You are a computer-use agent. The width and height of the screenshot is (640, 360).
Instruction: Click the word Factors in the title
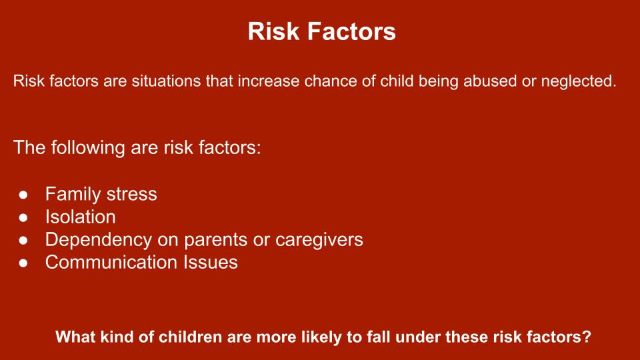(351, 31)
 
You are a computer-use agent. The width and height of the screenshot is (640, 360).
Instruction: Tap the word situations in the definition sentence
(166, 81)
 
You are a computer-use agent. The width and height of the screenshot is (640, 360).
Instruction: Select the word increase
(269, 81)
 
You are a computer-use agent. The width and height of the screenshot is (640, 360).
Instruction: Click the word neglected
(579, 81)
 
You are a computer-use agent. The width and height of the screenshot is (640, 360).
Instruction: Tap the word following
(88, 148)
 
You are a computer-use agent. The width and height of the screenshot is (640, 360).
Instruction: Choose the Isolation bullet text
(81, 217)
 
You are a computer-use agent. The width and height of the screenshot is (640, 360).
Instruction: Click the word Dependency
(99, 240)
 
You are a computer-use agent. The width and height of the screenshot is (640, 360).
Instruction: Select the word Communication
(111, 262)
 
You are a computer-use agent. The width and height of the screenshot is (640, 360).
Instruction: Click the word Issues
(210, 262)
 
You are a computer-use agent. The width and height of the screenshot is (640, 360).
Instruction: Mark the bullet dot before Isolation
(23, 217)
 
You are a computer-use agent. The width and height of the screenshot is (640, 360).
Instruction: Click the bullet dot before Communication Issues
(23, 263)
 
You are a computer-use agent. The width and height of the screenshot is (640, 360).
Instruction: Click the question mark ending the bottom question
(587, 337)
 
